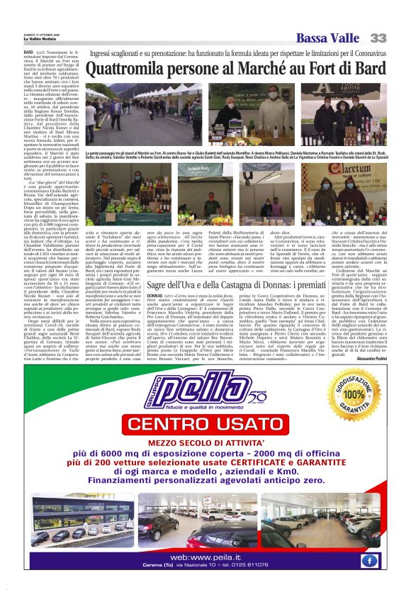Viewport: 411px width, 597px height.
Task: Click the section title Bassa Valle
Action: (328, 38)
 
